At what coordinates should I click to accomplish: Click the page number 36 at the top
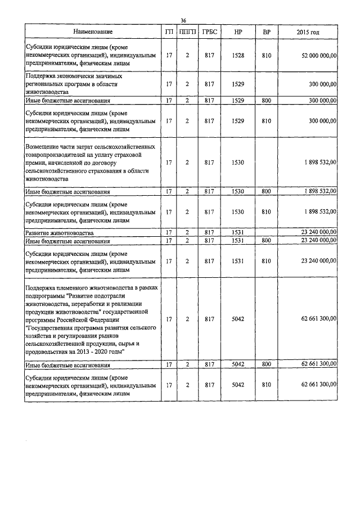[183, 21]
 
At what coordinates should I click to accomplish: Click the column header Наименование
[93, 33]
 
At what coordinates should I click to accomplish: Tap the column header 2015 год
[308, 33]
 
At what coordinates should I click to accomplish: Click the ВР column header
[267, 33]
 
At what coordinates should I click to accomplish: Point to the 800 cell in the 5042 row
[267, 365]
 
